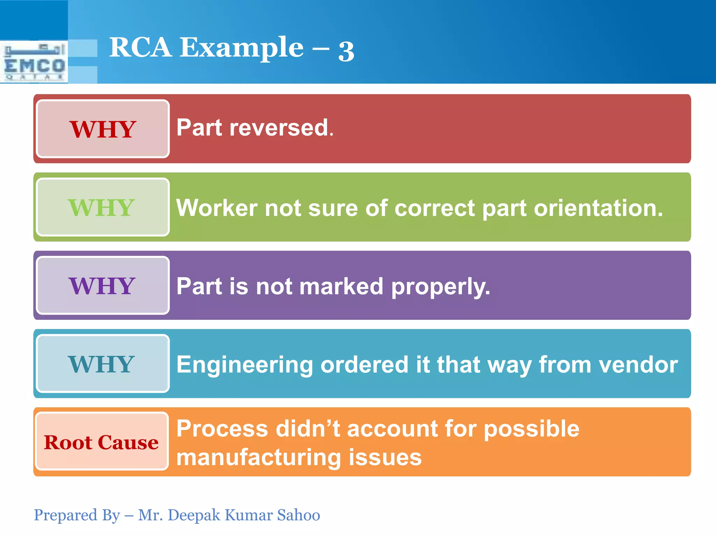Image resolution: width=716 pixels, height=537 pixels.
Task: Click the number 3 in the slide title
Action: [346, 51]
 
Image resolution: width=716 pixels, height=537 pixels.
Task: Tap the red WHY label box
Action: [102, 129]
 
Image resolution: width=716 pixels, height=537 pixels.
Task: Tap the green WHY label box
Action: [102, 207]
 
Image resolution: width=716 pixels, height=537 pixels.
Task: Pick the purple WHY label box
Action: [102, 285]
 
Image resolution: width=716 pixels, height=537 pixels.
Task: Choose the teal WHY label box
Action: [102, 364]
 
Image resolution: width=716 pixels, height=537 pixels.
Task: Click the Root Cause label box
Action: [101, 442]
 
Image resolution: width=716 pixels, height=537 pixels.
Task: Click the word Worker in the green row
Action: [217, 208]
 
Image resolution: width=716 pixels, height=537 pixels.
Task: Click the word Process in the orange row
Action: [222, 429]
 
